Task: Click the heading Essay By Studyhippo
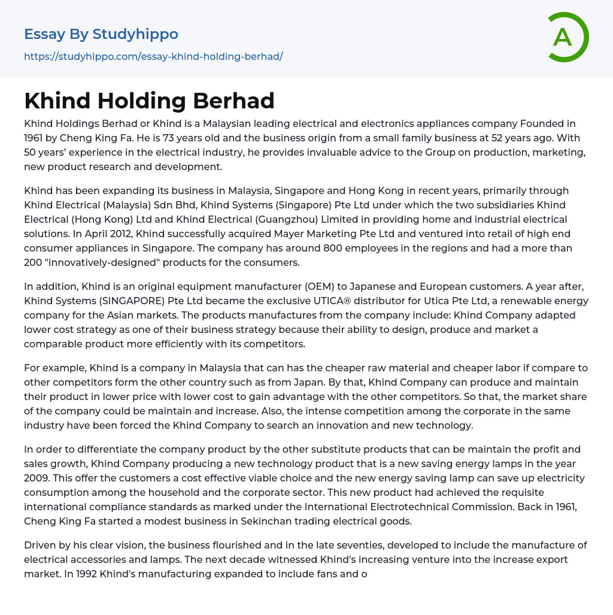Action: click(101, 34)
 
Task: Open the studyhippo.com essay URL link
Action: click(153, 57)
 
